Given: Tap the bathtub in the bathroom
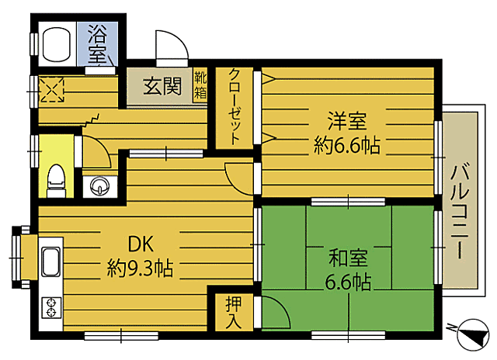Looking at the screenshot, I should pyautogui.click(x=57, y=46).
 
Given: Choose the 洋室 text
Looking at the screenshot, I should pyautogui.click(x=346, y=123).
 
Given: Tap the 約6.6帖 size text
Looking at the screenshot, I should pyautogui.click(x=347, y=145).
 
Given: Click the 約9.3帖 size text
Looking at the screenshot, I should pyautogui.click(x=139, y=269).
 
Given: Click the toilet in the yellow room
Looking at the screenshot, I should pyautogui.click(x=55, y=180).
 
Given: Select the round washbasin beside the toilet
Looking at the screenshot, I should pyautogui.click(x=99, y=185).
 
